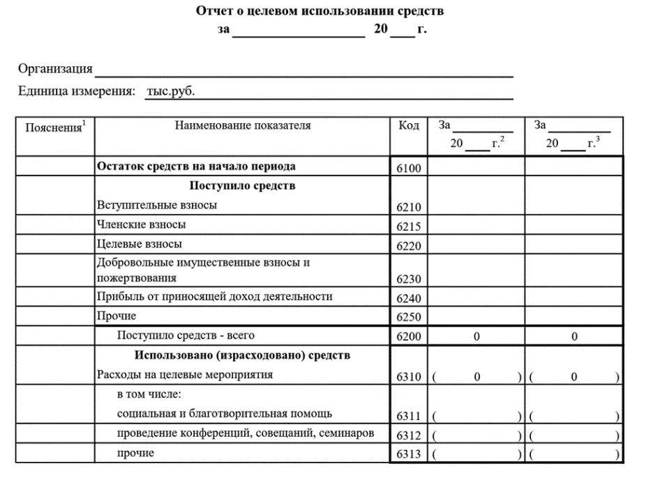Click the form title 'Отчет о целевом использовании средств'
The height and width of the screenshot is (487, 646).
(x=320, y=11)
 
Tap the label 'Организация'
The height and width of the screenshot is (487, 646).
(x=55, y=68)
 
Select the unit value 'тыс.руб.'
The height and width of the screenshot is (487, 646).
(x=170, y=91)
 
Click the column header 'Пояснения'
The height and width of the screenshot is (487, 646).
(x=54, y=127)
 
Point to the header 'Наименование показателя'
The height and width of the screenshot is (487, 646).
(x=243, y=125)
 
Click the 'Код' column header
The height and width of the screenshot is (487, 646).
(x=409, y=125)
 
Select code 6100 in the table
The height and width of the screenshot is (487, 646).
(x=409, y=169)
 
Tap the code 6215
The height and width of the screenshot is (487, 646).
(x=409, y=226)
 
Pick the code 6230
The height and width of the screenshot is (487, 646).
(x=409, y=279)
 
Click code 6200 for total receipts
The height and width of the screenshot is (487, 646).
(x=409, y=337)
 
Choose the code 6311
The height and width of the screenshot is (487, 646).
(x=409, y=416)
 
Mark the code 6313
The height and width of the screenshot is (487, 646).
(x=409, y=454)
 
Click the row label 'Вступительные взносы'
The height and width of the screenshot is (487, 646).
(x=157, y=205)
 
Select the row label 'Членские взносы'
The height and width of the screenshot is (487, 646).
(x=142, y=224)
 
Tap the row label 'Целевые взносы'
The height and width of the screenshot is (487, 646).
(x=140, y=244)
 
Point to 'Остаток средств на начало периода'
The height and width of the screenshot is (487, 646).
(x=196, y=166)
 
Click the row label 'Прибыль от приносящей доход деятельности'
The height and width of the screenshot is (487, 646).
(x=215, y=296)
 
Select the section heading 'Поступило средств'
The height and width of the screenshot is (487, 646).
(x=242, y=185)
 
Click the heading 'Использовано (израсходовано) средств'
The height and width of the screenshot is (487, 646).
(x=242, y=355)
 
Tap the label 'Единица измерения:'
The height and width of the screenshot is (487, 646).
(x=76, y=91)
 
